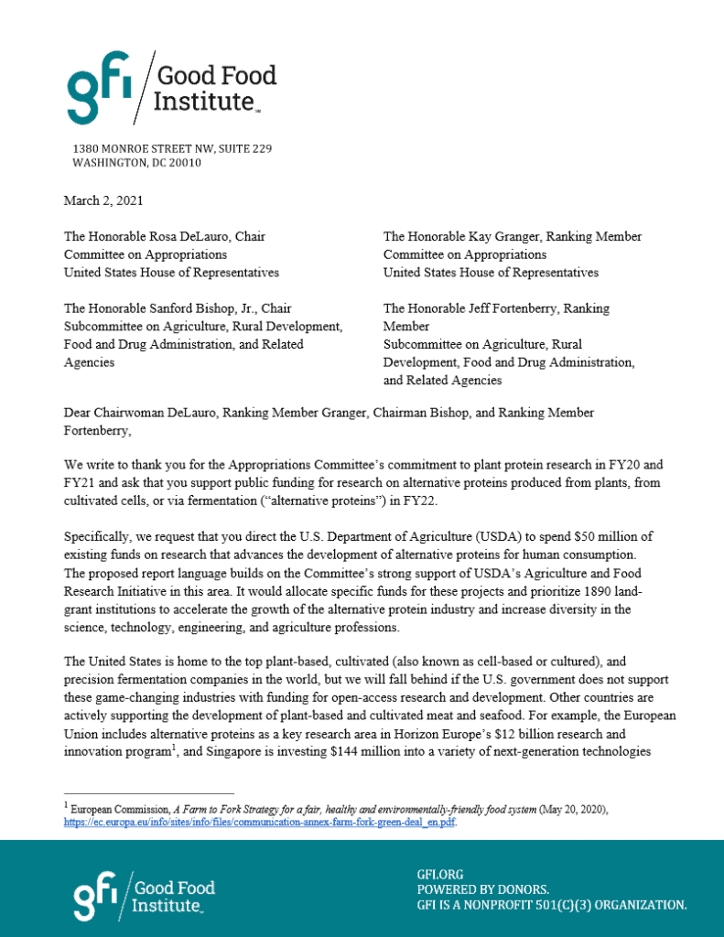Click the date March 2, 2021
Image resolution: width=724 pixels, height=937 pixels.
(103, 199)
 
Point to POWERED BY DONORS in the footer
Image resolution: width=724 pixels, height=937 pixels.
(483, 889)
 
